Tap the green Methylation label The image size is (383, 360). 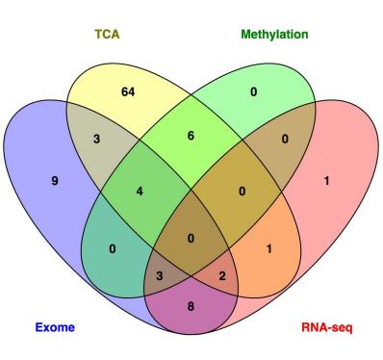tap(274, 34)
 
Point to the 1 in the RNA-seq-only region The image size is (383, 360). tap(327, 178)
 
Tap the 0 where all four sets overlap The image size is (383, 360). tap(193, 237)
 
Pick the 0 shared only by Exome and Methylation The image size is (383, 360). tap(115, 249)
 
